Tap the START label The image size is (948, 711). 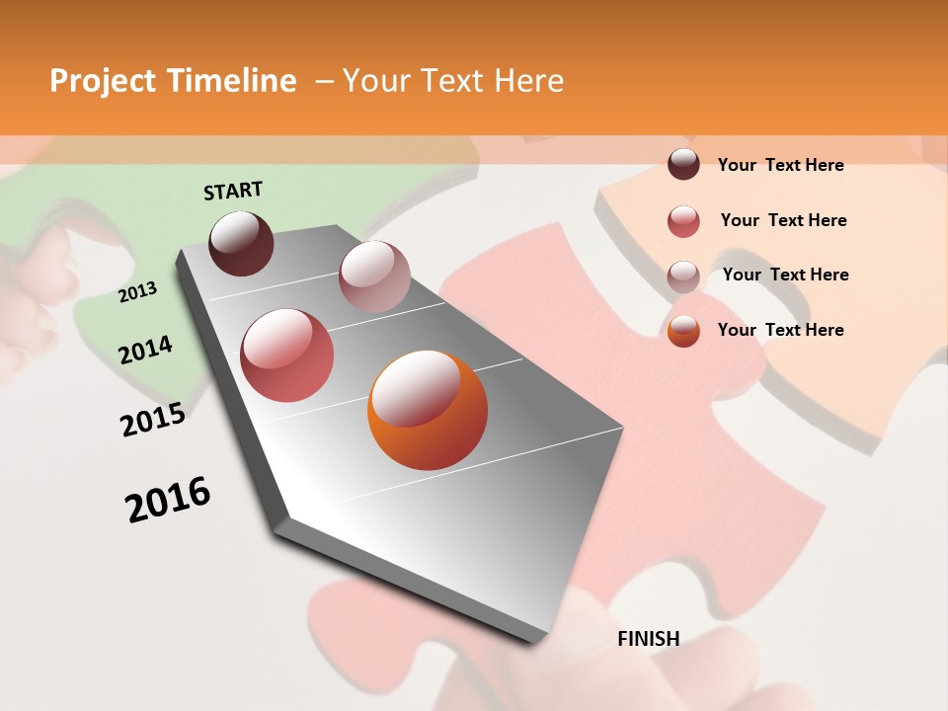(233, 191)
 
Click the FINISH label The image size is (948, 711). (648, 639)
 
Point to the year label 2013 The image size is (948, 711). (138, 291)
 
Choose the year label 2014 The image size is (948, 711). (146, 350)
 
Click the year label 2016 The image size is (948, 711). (168, 500)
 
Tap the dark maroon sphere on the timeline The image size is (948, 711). (242, 243)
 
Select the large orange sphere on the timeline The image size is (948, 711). (428, 410)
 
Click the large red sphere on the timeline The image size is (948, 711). (287, 355)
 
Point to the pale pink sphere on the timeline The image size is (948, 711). (374, 276)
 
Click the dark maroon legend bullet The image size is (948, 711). (683, 164)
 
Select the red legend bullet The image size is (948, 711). (683, 221)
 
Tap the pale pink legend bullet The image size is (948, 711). (683, 276)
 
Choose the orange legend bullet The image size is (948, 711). (683, 331)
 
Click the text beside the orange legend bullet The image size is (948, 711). (780, 330)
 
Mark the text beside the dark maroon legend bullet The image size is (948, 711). (780, 165)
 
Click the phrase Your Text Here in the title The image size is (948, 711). (453, 81)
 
